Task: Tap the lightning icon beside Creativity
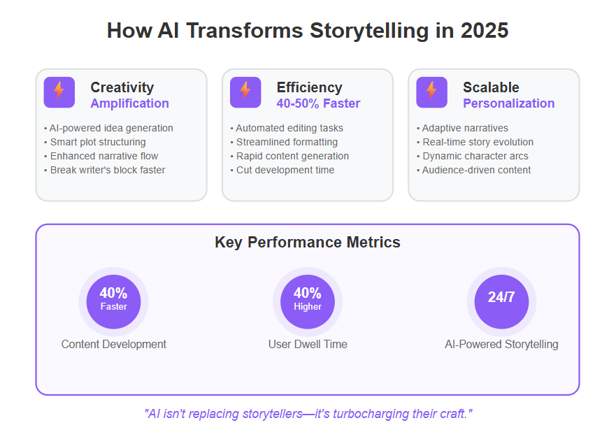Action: (x=59, y=92)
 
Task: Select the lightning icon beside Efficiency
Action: (x=245, y=92)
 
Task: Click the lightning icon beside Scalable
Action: (x=431, y=92)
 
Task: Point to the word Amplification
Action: (x=129, y=103)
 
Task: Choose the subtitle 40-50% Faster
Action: (x=318, y=103)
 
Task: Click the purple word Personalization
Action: (x=509, y=103)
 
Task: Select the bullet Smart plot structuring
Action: (x=94, y=142)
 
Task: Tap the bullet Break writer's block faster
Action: (x=104, y=170)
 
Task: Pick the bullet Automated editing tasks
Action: (x=287, y=128)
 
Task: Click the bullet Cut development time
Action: (x=282, y=170)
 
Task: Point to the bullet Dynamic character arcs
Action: (x=472, y=156)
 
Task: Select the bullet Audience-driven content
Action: (x=473, y=170)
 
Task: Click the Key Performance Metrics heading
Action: (x=308, y=243)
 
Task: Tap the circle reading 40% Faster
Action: (x=113, y=301)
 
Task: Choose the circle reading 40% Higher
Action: (x=308, y=301)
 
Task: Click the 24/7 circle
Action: (x=501, y=301)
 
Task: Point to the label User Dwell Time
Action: (x=308, y=345)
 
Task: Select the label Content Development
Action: (x=113, y=345)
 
